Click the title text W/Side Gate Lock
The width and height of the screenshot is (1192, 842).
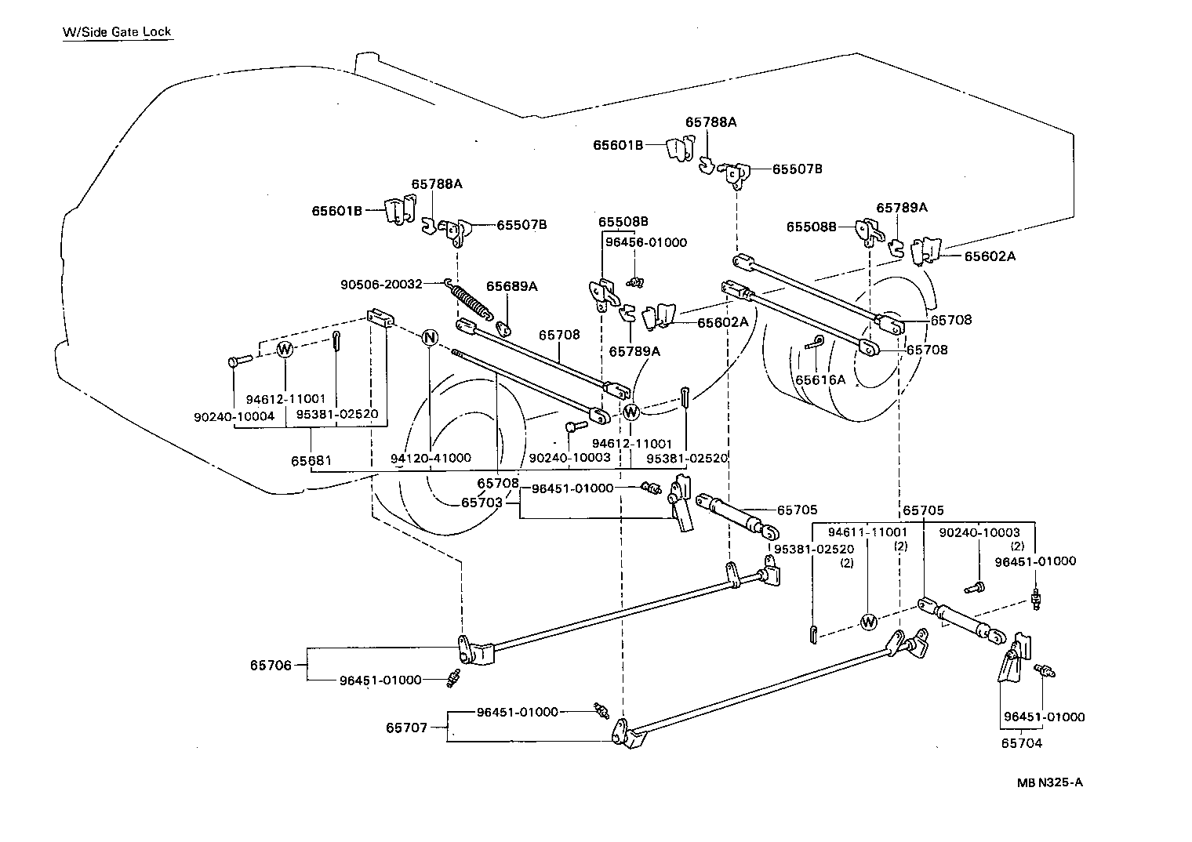[x=117, y=32]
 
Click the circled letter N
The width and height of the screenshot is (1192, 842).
[x=429, y=338]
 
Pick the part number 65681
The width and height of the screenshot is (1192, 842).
[x=311, y=461]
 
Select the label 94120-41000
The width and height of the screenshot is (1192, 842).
[x=431, y=458]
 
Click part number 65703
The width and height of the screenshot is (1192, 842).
[x=482, y=503]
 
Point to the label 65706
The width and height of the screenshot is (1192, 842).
[x=271, y=666]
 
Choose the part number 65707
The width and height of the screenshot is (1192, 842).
[x=406, y=728]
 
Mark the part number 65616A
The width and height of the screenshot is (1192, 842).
[x=821, y=380]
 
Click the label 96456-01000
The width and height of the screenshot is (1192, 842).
[x=645, y=242]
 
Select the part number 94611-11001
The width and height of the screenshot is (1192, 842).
[x=867, y=532]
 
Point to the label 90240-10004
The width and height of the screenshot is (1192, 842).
[x=234, y=416]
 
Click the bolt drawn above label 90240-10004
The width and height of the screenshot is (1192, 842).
[x=238, y=361]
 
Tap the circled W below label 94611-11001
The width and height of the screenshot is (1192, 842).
[x=868, y=622]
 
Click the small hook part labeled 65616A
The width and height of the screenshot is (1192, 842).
[x=815, y=342]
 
